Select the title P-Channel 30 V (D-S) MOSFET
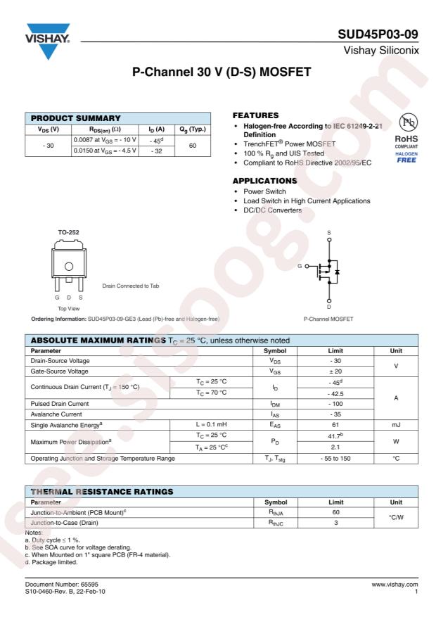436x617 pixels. click(218, 72)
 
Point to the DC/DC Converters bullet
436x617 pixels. click(272, 210)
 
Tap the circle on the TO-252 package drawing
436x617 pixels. click(68, 266)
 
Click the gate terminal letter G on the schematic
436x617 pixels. click(300, 267)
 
